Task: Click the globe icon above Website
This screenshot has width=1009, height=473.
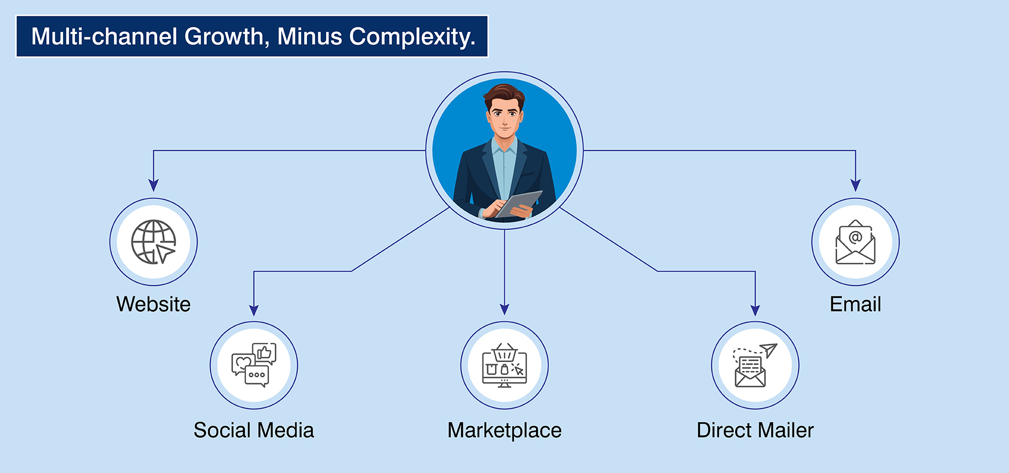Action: coord(153,242)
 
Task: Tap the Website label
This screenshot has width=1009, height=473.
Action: coord(153,304)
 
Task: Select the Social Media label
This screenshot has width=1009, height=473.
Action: coord(254,430)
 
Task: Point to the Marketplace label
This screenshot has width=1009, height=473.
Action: coord(504,430)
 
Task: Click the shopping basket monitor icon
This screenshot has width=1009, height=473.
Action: coord(504,365)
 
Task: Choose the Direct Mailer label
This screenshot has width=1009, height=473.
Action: coord(755,430)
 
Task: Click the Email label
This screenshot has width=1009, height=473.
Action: coord(856,304)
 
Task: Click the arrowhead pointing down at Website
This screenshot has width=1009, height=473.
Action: coord(153,185)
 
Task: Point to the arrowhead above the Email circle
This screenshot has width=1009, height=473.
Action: coord(856,185)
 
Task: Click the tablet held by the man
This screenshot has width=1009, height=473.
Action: coord(519,203)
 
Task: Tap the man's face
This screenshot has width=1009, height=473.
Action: coord(504,118)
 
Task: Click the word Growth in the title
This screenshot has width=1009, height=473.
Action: coord(224,37)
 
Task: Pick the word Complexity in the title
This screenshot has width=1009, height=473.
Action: coord(412,37)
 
